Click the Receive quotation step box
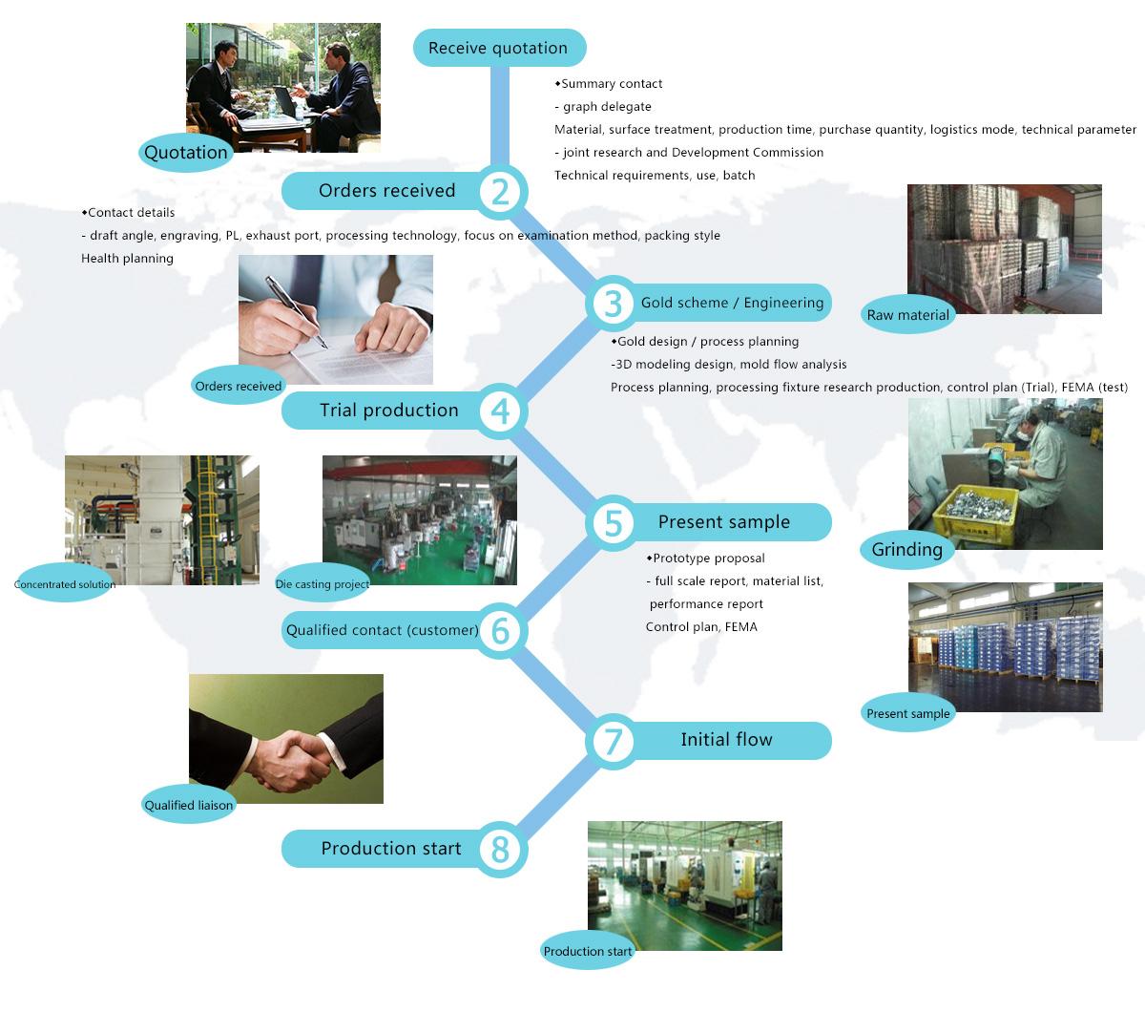point(500,48)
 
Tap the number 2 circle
point(500,191)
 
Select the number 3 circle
point(613,304)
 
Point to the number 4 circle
point(500,411)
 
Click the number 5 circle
point(613,522)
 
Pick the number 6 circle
point(500,631)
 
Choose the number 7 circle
point(613,741)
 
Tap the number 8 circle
point(500,850)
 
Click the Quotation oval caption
point(186,152)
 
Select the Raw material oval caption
point(907,314)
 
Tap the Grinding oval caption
point(907,549)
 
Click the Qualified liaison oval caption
point(189,805)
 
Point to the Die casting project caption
point(323,583)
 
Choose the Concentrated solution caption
point(65,583)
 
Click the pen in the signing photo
point(296,311)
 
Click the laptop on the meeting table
point(286,102)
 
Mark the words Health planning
point(127,259)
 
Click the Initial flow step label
point(726,739)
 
